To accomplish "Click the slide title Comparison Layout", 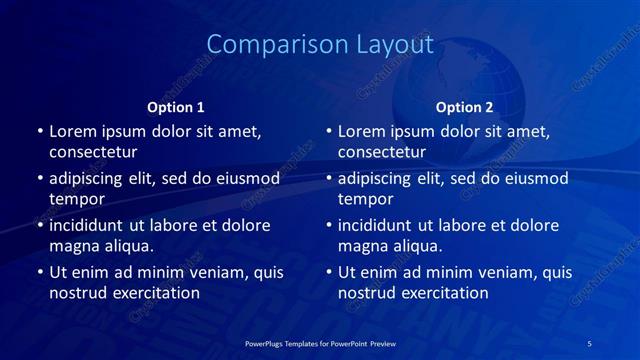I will [x=320, y=45].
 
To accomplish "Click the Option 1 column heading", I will [x=176, y=107].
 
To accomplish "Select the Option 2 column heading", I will [x=465, y=107].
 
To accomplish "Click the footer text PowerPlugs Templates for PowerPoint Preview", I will [x=320, y=343].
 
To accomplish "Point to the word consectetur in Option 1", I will [x=93, y=152].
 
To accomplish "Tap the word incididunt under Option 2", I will [x=381, y=225].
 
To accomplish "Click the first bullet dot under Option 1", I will [x=40, y=132].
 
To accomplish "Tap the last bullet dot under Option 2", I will [x=329, y=273].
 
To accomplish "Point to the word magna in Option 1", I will [x=73, y=246].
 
